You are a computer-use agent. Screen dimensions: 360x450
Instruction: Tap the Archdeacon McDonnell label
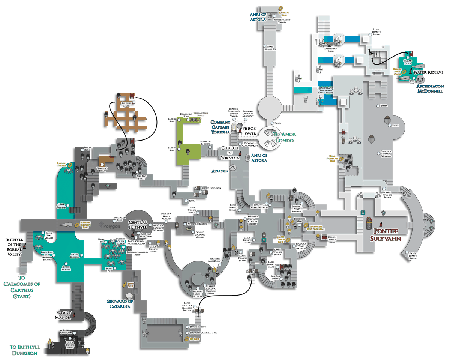(x=428, y=88)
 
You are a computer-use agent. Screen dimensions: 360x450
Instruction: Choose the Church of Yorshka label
(x=229, y=153)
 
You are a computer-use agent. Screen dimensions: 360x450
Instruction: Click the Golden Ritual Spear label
(x=335, y=239)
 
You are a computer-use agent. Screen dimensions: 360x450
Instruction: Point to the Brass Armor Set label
(x=278, y=48)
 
